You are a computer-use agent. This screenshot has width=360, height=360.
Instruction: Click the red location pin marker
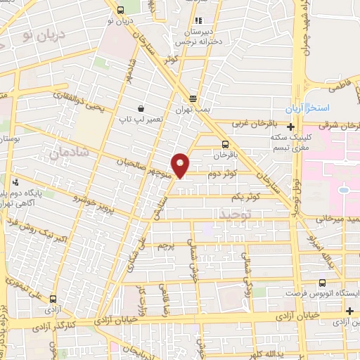click(181, 165)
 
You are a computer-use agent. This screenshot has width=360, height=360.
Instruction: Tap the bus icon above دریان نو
click(121, 10)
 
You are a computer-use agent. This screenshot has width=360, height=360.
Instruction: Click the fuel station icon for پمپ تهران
click(193, 99)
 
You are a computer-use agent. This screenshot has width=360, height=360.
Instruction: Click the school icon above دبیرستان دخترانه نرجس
click(198, 21)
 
